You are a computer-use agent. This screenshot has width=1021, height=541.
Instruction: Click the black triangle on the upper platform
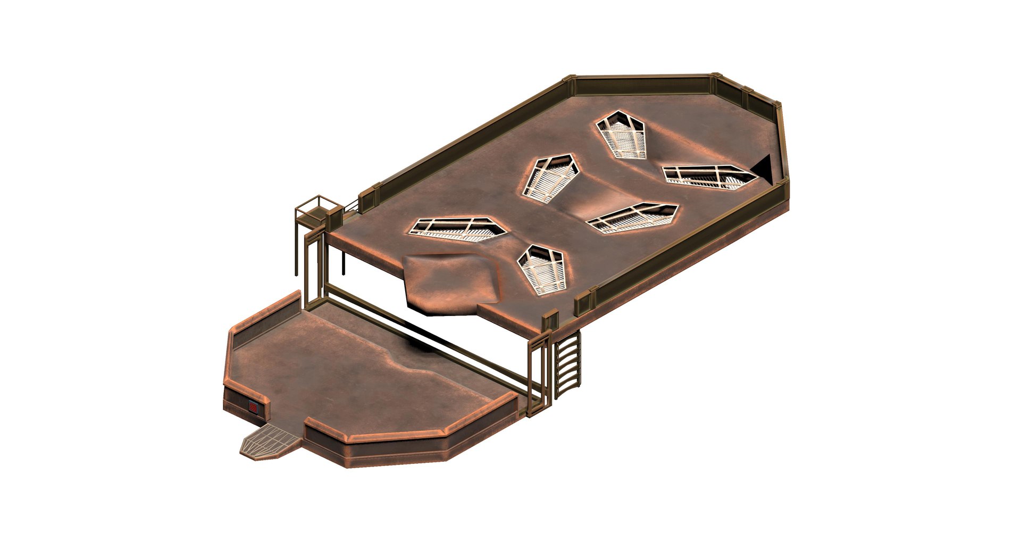(x=764, y=169)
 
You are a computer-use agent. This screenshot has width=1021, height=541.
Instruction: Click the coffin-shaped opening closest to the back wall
(x=621, y=135)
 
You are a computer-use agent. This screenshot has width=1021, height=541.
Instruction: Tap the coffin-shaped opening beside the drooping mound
(x=541, y=269)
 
